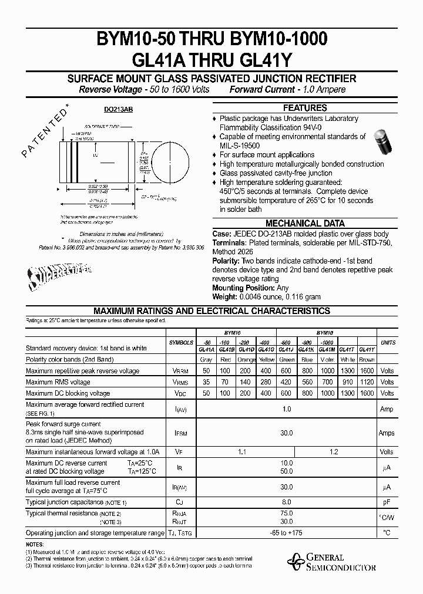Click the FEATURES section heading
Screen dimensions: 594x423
[304, 108]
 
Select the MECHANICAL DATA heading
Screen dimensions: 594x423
[304, 224]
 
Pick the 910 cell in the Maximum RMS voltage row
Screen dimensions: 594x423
[348, 382]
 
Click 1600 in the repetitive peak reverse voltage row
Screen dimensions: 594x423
[367, 371]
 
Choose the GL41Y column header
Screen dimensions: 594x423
[367, 349]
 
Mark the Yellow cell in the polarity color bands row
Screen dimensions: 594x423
[267, 360]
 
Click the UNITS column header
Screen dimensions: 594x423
[388, 343]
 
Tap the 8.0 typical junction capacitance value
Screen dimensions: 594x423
[287, 502]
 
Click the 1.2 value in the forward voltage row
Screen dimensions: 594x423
[334, 452]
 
